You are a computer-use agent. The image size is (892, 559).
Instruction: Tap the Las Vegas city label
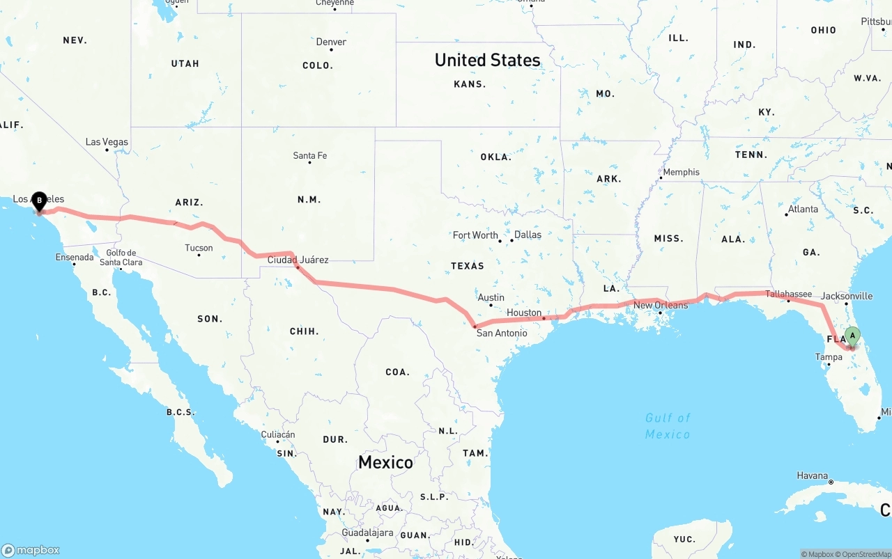click(x=107, y=142)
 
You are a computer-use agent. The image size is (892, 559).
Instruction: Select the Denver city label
click(x=331, y=42)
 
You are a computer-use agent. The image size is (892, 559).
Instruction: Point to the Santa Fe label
click(x=310, y=155)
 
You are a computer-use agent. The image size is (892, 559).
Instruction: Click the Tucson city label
click(x=199, y=248)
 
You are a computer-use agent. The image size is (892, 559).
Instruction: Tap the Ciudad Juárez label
click(x=298, y=260)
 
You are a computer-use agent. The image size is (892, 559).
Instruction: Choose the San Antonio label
click(x=502, y=333)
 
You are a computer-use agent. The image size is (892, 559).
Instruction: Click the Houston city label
click(x=524, y=313)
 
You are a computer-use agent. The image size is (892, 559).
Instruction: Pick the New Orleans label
click(x=661, y=305)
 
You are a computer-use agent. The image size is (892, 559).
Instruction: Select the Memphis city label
click(x=681, y=172)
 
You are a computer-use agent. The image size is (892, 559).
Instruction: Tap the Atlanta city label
click(x=803, y=209)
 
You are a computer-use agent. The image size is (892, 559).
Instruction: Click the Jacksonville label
click(x=847, y=296)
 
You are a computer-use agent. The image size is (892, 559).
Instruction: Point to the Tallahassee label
click(x=789, y=294)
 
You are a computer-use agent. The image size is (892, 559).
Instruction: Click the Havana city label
click(x=813, y=475)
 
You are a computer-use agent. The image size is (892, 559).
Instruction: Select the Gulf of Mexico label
click(x=668, y=426)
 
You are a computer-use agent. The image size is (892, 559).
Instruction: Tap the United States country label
click(x=487, y=60)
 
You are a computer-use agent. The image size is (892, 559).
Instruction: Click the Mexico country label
click(x=385, y=462)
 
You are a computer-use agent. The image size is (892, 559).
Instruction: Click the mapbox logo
click(x=31, y=550)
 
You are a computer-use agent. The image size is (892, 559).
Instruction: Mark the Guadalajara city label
click(x=367, y=533)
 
